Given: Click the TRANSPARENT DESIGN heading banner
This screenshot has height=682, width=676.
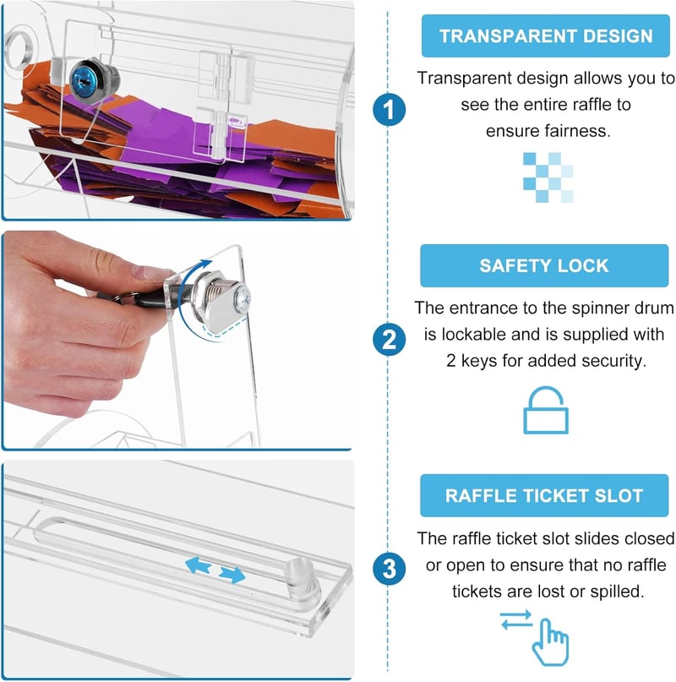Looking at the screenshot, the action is pyautogui.click(x=546, y=35).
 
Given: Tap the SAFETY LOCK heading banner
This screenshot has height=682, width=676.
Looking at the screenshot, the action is pyautogui.click(x=544, y=265).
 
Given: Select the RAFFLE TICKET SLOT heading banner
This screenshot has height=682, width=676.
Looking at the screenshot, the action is pyautogui.click(x=544, y=495).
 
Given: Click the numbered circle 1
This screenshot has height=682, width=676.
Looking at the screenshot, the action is pyautogui.click(x=389, y=109).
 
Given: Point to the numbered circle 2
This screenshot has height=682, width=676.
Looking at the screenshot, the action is pyautogui.click(x=389, y=339).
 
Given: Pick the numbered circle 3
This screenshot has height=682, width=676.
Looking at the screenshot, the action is pyautogui.click(x=389, y=569).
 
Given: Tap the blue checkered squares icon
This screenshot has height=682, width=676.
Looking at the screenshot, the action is pyautogui.click(x=548, y=177).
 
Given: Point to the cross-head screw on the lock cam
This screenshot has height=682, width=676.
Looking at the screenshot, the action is pyautogui.click(x=241, y=299).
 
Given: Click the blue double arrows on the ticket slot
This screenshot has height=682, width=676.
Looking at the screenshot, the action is pyautogui.click(x=215, y=570).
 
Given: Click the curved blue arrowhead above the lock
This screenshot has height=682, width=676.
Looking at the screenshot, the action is pyautogui.click(x=204, y=264).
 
